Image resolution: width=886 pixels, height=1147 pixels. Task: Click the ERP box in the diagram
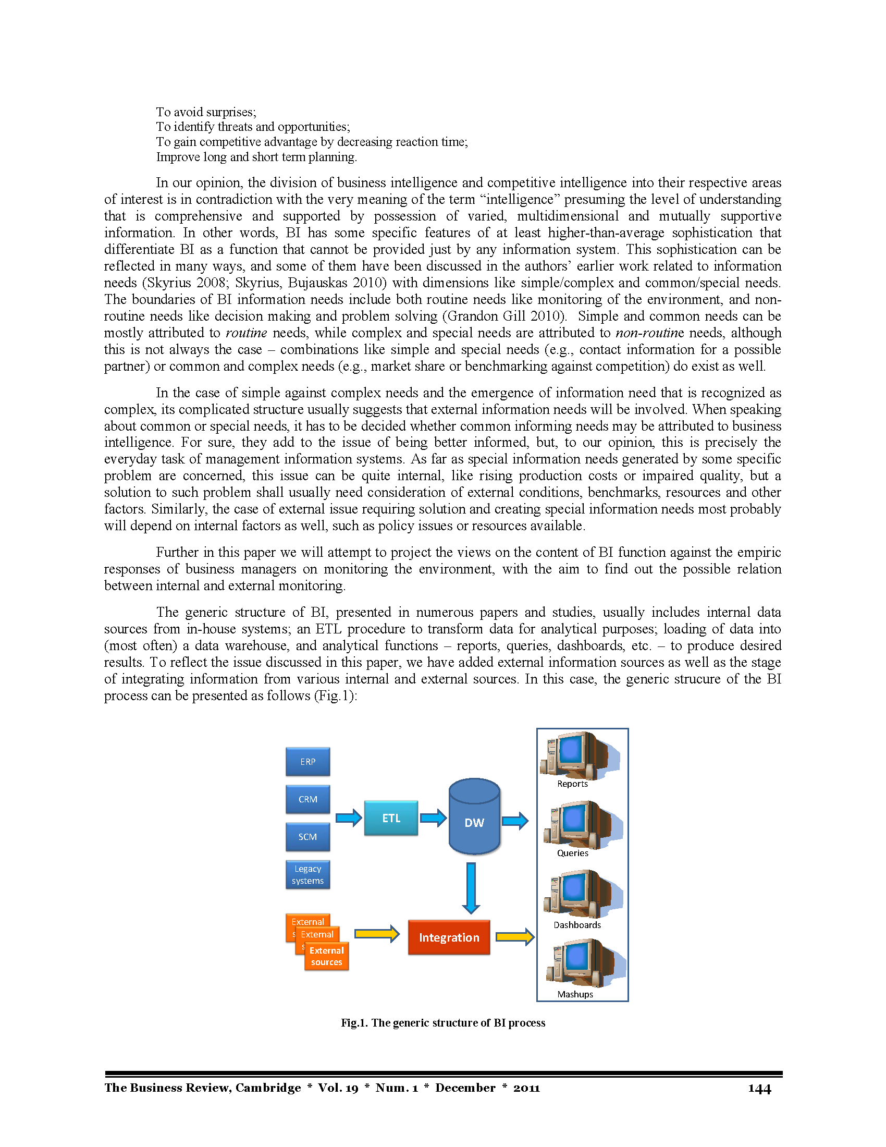(307, 762)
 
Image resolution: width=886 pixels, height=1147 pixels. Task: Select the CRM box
(307, 799)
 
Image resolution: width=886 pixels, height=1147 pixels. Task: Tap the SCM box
(307, 837)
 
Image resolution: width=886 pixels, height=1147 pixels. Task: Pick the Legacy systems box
(307, 874)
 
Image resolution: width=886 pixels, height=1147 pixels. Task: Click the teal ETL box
(391, 817)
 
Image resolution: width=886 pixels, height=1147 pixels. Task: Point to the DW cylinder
(474, 817)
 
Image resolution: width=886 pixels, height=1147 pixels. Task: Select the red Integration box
(449, 937)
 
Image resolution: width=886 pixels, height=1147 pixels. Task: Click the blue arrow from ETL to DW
(434, 817)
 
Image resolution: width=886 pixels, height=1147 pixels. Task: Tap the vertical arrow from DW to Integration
(471, 888)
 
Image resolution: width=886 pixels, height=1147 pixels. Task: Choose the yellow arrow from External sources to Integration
(377, 934)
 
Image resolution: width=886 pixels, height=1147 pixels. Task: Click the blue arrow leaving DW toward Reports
(515, 820)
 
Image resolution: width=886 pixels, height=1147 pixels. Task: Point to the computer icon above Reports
(580, 755)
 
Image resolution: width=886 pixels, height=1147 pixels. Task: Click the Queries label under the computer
(573, 853)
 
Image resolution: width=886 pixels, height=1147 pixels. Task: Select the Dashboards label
(577, 925)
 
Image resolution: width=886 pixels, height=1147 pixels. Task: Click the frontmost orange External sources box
(326, 956)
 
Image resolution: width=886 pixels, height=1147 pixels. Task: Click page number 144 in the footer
(759, 1089)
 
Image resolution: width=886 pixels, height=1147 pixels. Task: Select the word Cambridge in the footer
(268, 1088)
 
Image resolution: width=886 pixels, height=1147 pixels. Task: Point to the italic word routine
(246, 333)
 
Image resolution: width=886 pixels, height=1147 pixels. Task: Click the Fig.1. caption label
(354, 1023)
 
